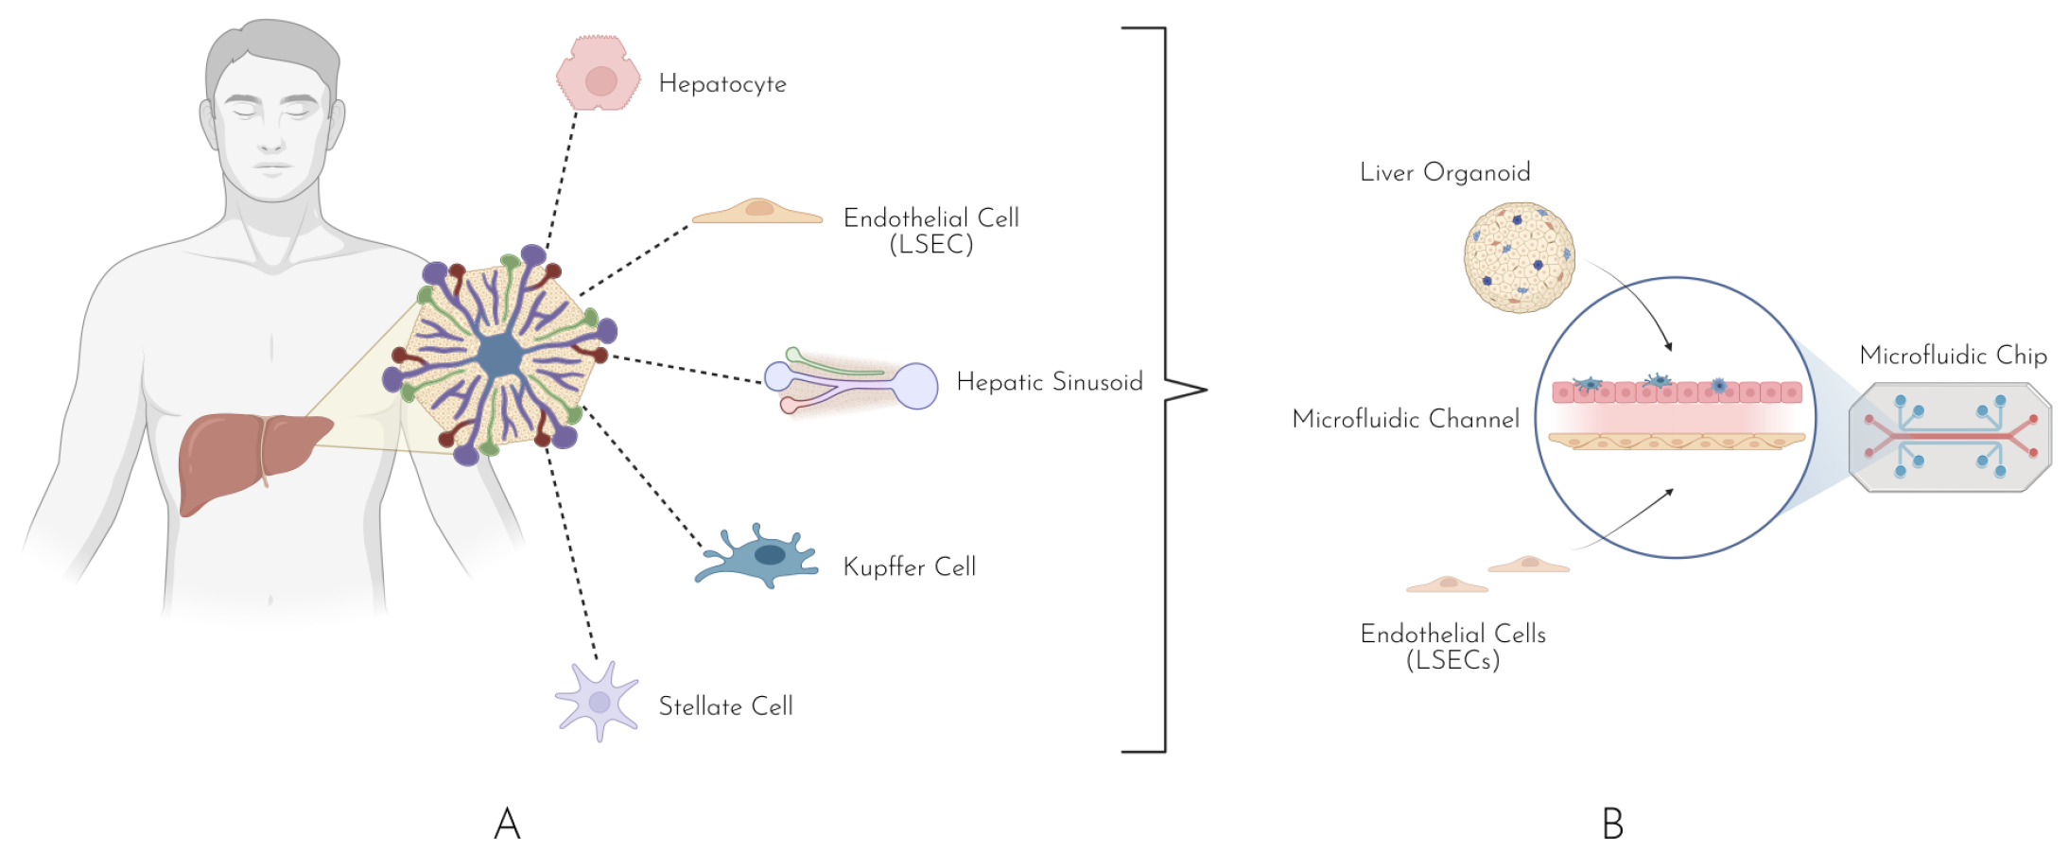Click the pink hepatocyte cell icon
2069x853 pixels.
tap(598, 74)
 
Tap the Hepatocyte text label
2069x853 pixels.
tap(722, 84)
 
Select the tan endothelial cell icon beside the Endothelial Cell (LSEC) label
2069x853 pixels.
tap(757, 212)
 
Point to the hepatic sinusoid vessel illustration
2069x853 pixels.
tap(851, 383)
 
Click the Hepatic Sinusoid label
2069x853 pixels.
tap(1049, 382)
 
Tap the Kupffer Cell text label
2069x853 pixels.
tap(909, 567)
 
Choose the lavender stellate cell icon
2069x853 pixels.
tap(598, 702)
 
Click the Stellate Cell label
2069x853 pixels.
tap(725, 706)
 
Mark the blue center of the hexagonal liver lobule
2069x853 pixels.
tap(498, 357)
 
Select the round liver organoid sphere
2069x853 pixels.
tap(1519, 257)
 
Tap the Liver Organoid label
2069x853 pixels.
tap(1444, 172)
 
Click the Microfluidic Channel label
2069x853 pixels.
tap(1405, 419)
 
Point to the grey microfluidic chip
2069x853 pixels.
tap(1950, 437)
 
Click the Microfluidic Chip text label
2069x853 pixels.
tap(1953, 356)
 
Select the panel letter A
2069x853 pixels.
tap(507, 824)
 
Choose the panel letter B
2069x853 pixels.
tap(1612, 824)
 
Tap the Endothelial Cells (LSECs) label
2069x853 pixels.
tap(1452, 647)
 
